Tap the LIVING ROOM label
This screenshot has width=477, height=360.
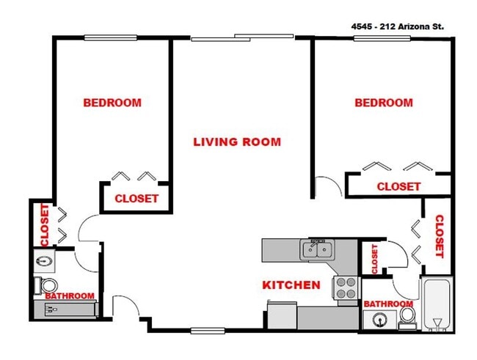[237, 142]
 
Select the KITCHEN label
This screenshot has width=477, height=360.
[291, 284]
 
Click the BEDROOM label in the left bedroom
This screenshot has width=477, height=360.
[112, 103]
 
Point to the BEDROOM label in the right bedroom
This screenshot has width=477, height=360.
[384, 103]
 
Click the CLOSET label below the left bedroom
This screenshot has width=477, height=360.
[136, 199]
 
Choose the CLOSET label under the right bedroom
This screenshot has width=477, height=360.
[398, 186]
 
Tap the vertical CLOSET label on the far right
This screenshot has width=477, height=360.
[440, 236]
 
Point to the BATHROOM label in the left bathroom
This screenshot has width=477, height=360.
[70, 296]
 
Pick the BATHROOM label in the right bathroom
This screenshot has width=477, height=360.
[388, 304]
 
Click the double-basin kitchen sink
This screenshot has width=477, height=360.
[318, 250]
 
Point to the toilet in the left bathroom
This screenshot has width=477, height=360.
[48, 284]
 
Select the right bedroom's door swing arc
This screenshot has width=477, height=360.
[328, 187]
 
